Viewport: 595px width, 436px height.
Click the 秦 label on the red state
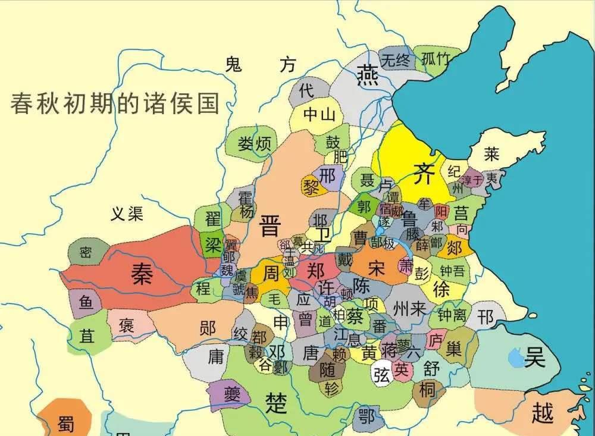pyautogui.click(x=142, y=274)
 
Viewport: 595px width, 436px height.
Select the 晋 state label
pyautogui.click(x=271, y=227)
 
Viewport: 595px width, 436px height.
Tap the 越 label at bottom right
pyautogui.click(x=542, y=412)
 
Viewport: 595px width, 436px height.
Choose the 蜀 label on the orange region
pyautogui.click(x=65, y=423)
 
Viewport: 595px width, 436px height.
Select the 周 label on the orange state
pyautogui.click(x=271, y=273)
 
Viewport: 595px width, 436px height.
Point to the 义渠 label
pyautogui.click(x=127, y=213)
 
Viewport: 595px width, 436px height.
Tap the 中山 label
pyautogui.click(x=320, y=115)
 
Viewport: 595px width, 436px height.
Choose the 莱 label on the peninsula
pyautogui.click(x=491, y=154)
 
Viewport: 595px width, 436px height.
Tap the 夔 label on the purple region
pyautogui.click(x=231, y=394)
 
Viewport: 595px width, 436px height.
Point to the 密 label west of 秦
pyautogui.click(x=86, y=253)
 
